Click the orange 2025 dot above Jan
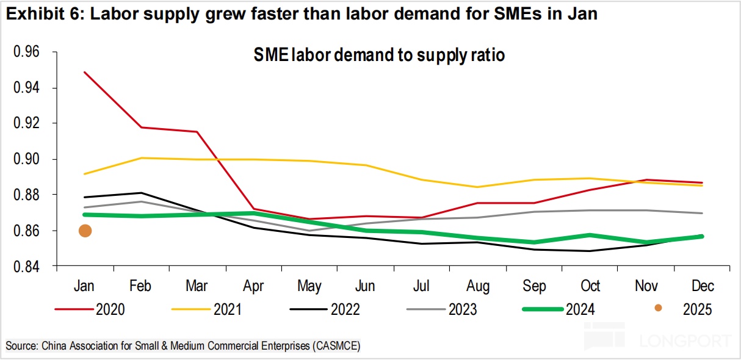tap(85, 231)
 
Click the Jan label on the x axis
tap(85, 286)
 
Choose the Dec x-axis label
tap(702, 286)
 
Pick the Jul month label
tap(421, 286)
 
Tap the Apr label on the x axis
tap(253, 286)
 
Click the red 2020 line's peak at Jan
tap(85, 72)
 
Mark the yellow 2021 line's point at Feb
tap(141, 158)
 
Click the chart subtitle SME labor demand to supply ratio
tap(379, 56)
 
